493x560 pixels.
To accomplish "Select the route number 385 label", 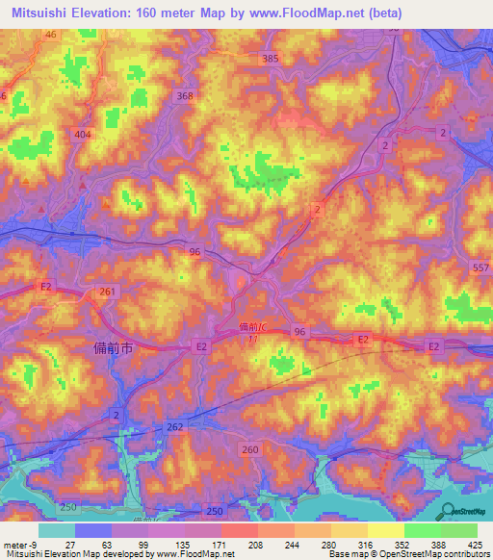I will tap(270, 59).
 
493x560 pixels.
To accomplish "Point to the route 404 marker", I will tap(82, 135).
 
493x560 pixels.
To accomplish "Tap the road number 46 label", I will tap(50, 34).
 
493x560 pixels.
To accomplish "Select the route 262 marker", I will tap(174, 426).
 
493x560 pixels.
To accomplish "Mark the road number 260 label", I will tap(250, 449).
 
